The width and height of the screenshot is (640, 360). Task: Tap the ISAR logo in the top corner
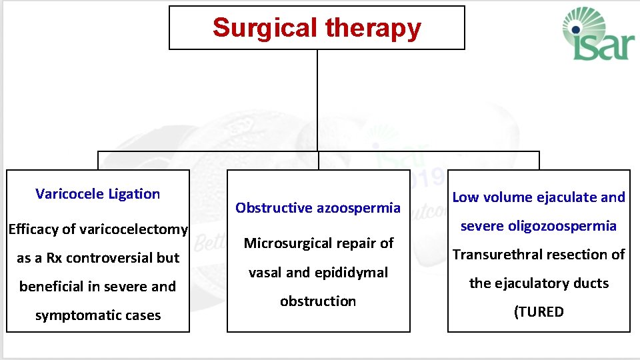pos(595,35)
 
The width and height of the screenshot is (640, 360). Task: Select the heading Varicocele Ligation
pos(98,194)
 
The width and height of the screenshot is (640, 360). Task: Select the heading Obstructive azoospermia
pos(318,208)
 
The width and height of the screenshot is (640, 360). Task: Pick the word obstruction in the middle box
pos(318,301)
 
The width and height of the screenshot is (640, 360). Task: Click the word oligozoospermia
pos(565,226)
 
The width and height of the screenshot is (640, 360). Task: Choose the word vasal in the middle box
pos(265,273)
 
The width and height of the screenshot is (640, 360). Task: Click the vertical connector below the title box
pos(317,100)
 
